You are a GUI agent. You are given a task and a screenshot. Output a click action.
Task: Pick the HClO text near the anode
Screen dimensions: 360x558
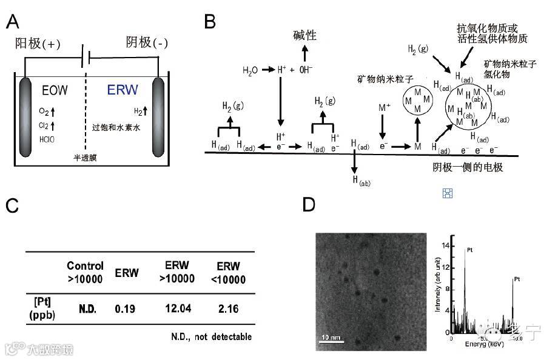(x=46, y=139)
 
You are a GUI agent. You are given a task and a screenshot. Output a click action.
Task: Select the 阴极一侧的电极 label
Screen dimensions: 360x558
(x=468, y=167)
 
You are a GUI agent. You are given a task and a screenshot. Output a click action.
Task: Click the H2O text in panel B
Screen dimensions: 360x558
(x=250, y=70)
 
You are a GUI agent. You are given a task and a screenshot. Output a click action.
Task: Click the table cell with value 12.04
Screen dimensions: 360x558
(x=179, y=308)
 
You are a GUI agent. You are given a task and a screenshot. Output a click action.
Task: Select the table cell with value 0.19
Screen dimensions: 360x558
(x=126, y=308)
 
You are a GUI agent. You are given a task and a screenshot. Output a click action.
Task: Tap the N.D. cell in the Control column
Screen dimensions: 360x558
(x=87, y=308)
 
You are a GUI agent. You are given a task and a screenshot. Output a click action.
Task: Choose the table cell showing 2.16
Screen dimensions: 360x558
(x=228, y=308)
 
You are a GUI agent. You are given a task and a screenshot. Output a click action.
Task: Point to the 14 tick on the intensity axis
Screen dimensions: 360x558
(x=446, y=246)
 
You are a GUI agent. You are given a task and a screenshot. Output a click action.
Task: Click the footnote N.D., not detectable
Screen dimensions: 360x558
(x=212, y=336)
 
